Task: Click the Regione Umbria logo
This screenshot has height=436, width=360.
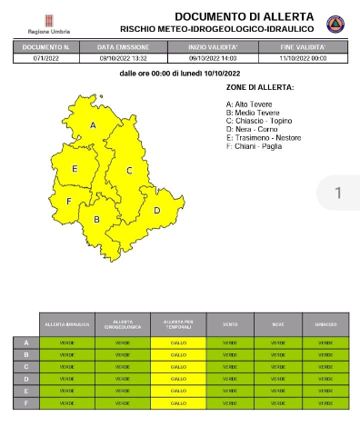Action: (46, 22)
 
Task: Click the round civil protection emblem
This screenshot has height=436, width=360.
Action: (335, 24)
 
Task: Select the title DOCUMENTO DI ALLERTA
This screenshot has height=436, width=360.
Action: (244, 16)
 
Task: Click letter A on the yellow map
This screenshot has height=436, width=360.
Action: (93, 125)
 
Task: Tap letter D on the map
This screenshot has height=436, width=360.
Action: (155, 211)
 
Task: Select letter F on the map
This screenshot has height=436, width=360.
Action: (68, 201)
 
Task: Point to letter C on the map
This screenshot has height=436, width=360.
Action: (129, 170)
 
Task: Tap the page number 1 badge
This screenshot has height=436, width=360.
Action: (337, 193)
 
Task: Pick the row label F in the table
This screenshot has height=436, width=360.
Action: (25, 402)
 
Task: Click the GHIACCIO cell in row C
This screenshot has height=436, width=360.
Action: (325, 366)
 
